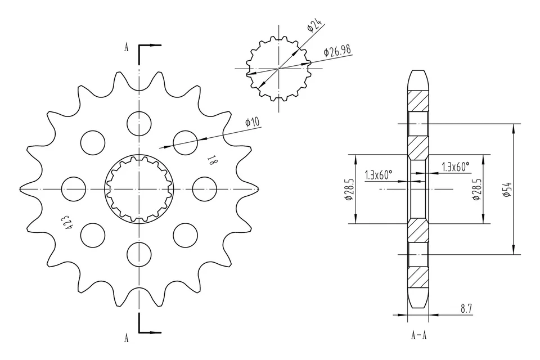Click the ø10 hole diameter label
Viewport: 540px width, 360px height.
(x=252, y=122)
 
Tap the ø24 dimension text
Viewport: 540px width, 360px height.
(x=314, y=25)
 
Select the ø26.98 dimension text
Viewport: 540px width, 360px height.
(x=337, y=51)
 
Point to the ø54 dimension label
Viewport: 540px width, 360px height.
(x=507, y=189)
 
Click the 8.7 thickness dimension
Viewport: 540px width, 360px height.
(x=466, y=308)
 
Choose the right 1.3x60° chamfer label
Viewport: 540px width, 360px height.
(x=456, y=167)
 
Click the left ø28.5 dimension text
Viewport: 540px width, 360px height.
(x=349, y=190)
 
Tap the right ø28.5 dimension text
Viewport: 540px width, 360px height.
(x=477, y=190)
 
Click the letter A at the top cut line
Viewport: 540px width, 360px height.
(x=127, y=48)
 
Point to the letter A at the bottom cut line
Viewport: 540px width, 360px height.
(x=127, y=337)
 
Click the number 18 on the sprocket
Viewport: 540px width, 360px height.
(x=212, y=162)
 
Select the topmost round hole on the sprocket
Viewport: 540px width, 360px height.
(x=139, y=123)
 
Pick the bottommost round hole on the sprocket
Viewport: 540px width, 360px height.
(x=139, y=254)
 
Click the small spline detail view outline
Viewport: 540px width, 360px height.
(x=279, y=69)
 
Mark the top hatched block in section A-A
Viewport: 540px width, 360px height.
(x=418, y=100)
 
